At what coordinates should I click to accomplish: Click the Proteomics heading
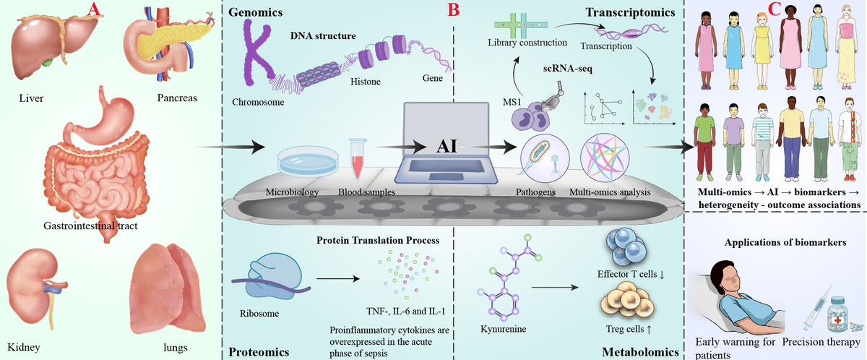tap(259, 352)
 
